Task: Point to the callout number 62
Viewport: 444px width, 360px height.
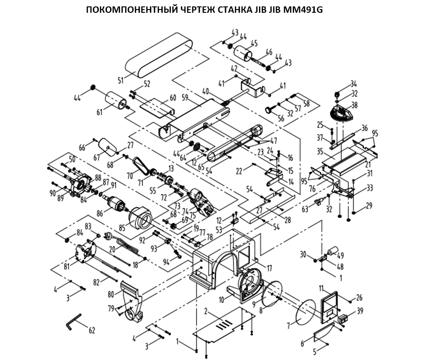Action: tap(91, 330)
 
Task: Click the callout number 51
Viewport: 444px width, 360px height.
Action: tap(121, 80)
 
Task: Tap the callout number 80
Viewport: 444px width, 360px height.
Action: tap(111, 294)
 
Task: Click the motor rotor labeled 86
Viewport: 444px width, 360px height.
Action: tap(114, 202)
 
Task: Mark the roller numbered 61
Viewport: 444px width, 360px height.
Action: tap(115, 101)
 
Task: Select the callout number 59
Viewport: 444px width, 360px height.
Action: tap(185, 97)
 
